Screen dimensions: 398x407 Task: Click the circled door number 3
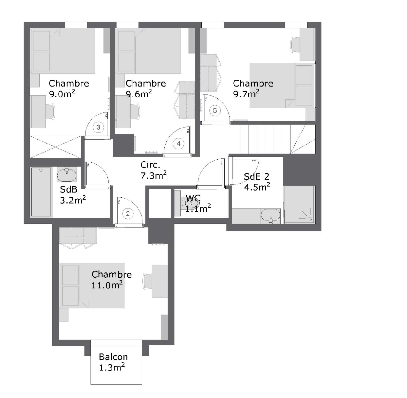point(98,127)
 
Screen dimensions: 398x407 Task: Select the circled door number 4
point(178,144)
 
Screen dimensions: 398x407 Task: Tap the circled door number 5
point(215,110)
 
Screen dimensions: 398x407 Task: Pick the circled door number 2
point(128,214)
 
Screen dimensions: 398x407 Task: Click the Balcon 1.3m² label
point(113,362)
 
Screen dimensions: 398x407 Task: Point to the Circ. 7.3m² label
point(153,170)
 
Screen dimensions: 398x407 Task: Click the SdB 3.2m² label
point(72,195)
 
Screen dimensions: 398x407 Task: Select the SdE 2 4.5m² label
point(257,182)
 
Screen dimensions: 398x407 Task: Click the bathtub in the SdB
point(41,192)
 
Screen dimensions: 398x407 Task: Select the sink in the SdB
point(66,175)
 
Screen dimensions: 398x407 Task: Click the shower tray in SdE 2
point(299,204)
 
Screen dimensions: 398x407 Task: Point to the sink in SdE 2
point(271,215)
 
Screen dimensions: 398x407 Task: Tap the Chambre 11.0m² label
point(111,280)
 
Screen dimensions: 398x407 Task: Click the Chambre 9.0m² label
point(68,89)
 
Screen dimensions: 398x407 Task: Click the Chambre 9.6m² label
point(146,89)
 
